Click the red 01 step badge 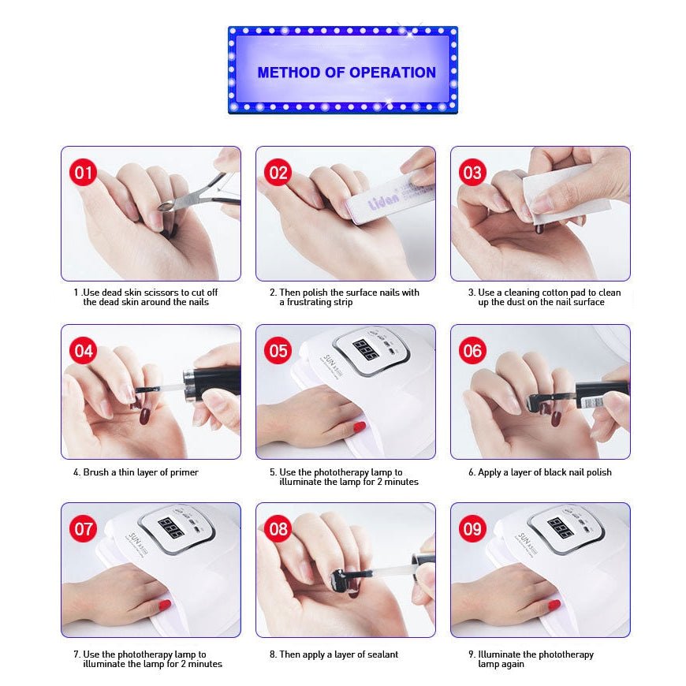click(x=83, y=173)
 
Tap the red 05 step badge click(x=278, y=350)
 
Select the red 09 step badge click(x=472, y=528)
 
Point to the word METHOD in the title click(x=289, y=73)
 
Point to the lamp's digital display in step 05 click(x=366, y=349)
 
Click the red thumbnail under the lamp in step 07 click(x=165, y=605)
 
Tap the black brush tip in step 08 click(x=339, y=576)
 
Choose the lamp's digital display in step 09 click(x=561, y=528)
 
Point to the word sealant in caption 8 click(x=382, y=654)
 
